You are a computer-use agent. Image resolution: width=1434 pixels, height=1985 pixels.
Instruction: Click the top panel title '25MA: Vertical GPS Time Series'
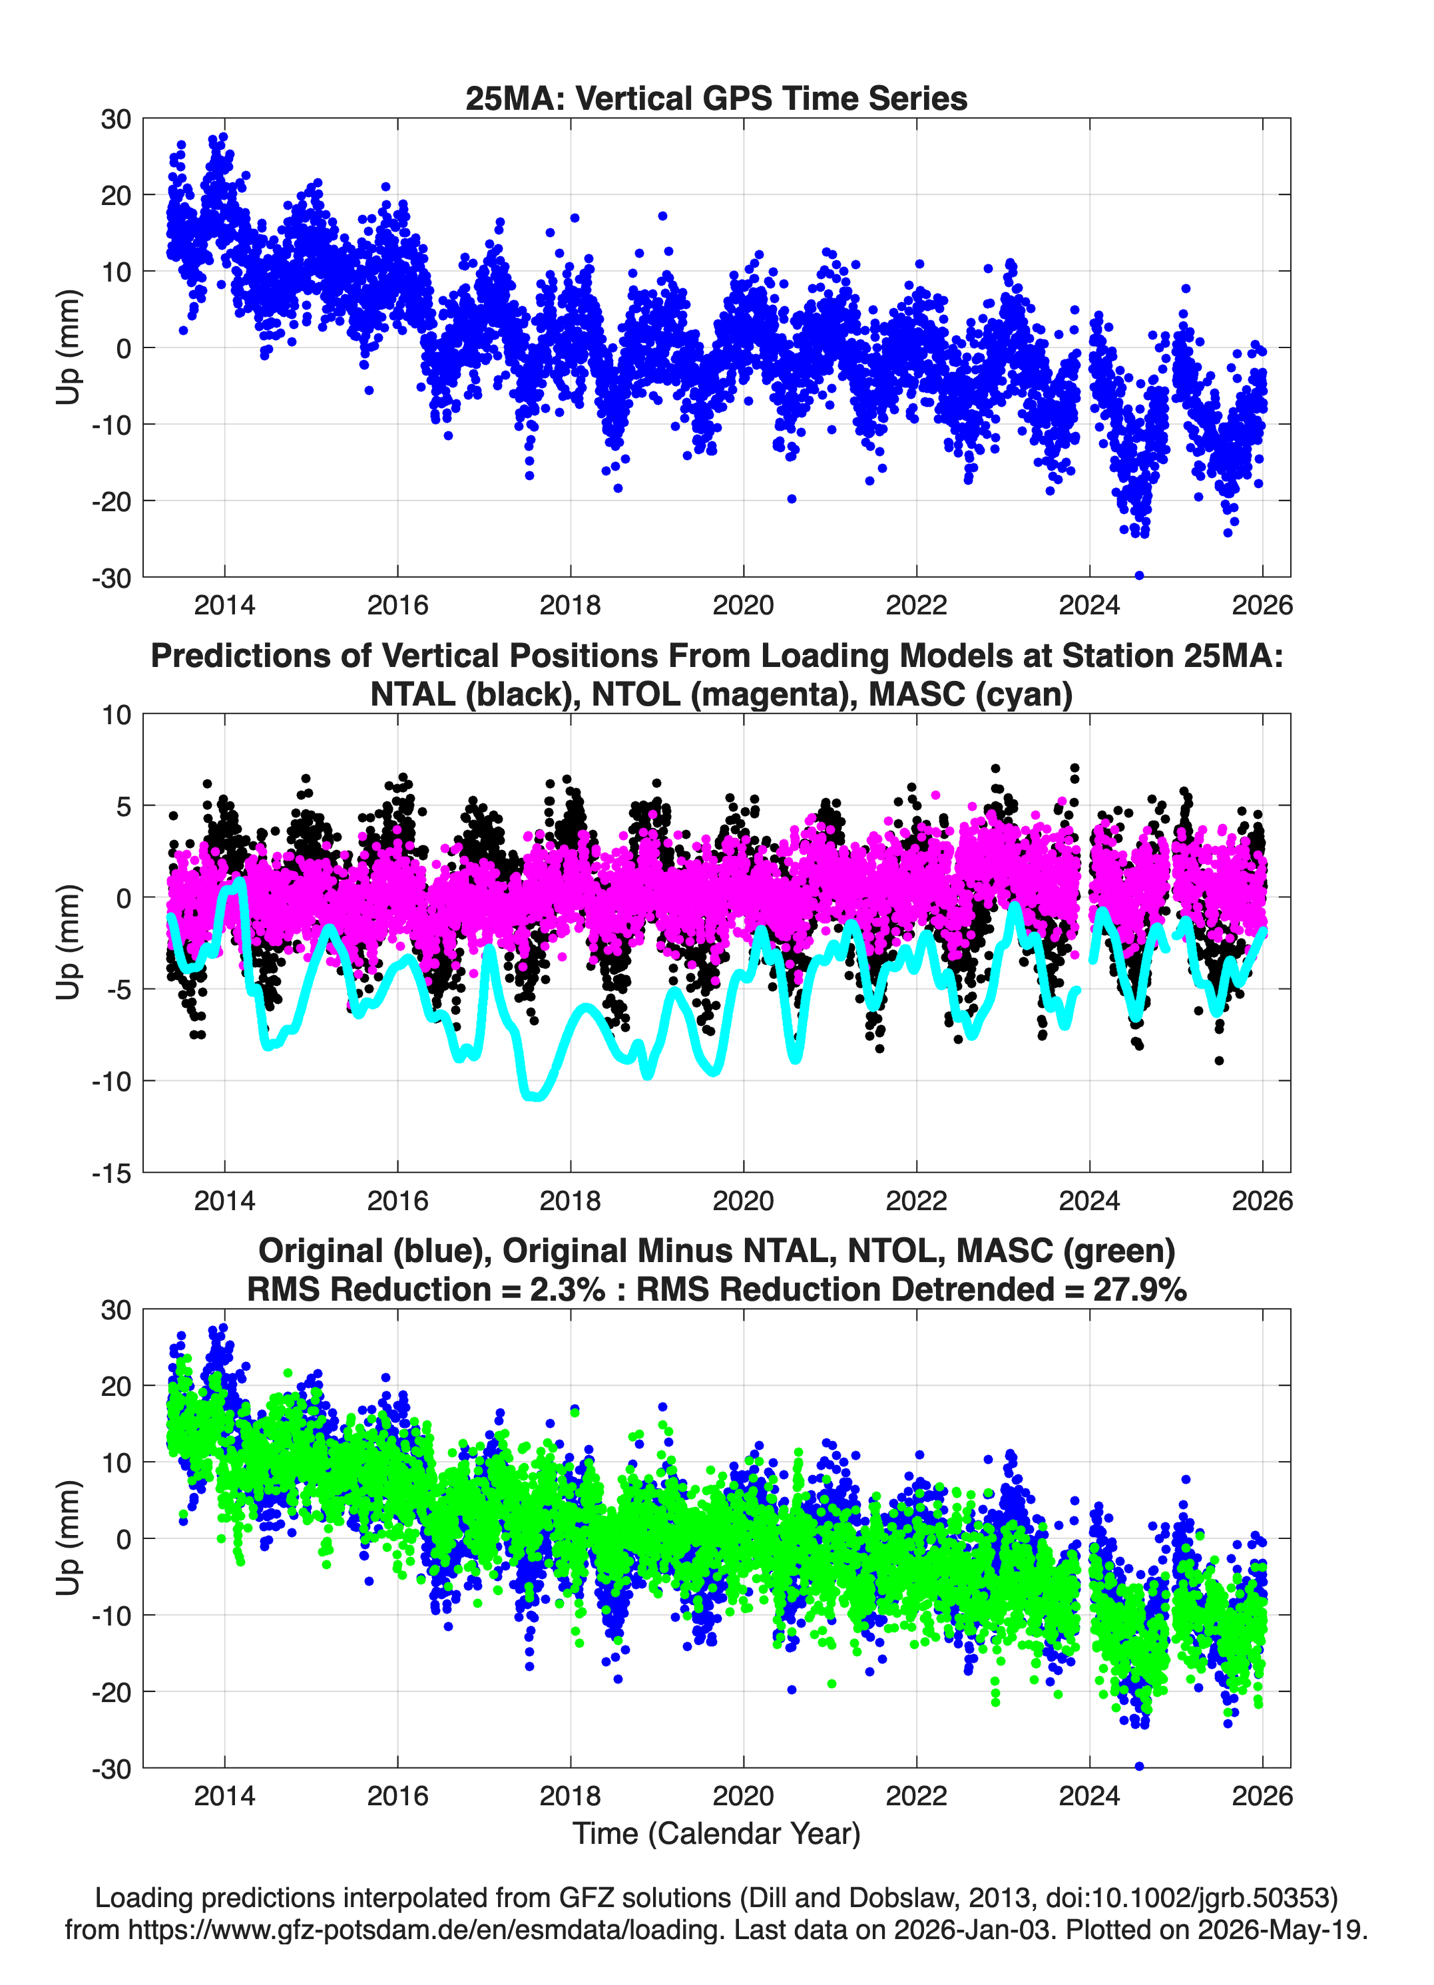716,98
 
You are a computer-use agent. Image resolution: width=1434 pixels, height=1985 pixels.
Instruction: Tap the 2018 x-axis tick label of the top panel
570,605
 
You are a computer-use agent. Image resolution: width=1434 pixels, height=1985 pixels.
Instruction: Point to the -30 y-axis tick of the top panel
111,578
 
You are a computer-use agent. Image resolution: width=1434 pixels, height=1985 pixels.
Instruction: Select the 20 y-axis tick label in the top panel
117,195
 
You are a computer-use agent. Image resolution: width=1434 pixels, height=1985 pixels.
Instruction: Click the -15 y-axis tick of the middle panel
111,1173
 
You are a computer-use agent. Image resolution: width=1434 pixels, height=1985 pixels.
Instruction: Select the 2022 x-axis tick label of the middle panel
917,1200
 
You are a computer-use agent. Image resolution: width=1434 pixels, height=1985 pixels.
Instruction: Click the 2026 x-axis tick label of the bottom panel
1262,1795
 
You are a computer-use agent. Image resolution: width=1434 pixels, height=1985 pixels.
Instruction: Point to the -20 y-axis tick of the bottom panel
111,1692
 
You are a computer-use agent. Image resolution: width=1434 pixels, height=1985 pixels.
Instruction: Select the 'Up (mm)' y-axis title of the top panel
69,347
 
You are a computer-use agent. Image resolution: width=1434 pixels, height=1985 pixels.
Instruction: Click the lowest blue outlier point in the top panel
1139,575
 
